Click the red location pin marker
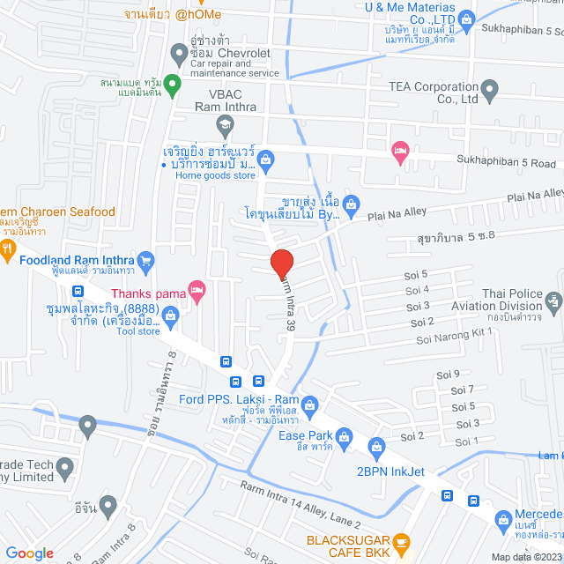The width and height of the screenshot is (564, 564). (281, 263)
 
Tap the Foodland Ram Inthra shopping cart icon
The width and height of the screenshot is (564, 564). (146, 260)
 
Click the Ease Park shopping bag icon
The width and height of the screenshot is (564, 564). (345, 434)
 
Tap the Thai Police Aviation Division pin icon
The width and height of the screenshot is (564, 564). (553, 301)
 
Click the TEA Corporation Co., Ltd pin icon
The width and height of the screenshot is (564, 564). (490, 90)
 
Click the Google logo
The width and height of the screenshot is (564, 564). (30, 553)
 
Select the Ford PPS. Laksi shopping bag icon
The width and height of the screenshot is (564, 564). (308, 405)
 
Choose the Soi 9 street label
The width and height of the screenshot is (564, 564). (449, 375)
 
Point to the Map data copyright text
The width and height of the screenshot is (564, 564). (525, 556)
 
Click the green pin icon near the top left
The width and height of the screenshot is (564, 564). (173, 86)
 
